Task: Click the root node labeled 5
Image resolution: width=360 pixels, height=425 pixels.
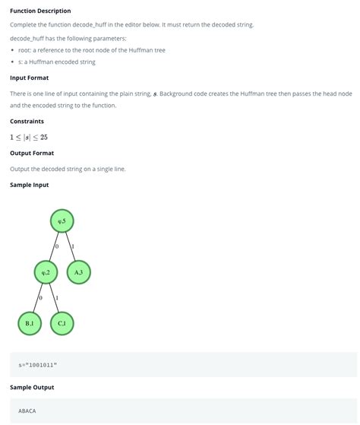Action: tap(62, 221)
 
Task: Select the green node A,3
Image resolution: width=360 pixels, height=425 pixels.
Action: tap(79, 271)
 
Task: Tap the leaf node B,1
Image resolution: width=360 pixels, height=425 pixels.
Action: tap(30, 323)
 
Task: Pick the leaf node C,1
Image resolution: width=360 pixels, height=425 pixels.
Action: tap(62, 323)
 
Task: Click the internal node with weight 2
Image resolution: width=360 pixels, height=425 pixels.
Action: tap(46, 271)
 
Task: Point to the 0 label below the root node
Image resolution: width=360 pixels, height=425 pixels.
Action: tap(57, 247)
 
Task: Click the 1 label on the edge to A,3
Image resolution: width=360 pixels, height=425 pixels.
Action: tap(73, 247)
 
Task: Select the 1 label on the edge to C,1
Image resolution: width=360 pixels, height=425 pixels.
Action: tap(58, 298)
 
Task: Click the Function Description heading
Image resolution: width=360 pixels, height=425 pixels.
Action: tap(40, 11)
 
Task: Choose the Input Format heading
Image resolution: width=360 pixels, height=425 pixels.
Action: tap(29, 78)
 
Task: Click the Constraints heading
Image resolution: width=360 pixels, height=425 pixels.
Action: tap(27, 121)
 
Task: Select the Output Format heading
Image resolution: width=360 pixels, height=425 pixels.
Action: tap(32, 153)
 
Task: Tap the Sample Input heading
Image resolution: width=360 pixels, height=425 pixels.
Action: tap(30, 185)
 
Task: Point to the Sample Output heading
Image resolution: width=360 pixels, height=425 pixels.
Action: tap(32, 387)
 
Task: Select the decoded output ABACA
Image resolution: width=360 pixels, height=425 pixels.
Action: tap(27, 411)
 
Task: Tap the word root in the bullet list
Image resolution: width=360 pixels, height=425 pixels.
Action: tap(24, 50)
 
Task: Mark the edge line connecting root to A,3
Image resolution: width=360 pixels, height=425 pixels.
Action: tap(71, 246)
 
